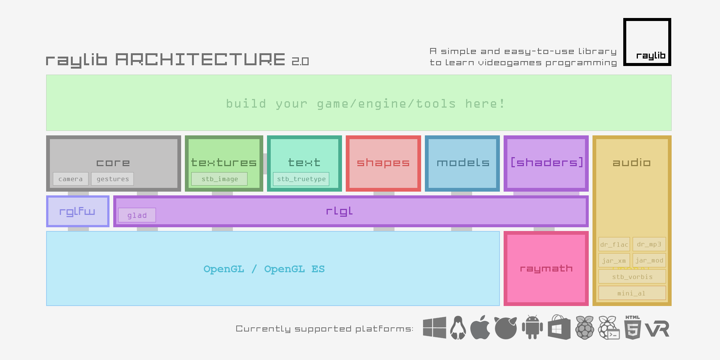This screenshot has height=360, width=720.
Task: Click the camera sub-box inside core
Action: (70, 179)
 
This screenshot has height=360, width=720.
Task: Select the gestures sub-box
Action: (112, 179)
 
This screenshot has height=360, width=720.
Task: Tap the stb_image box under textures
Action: (219, 179)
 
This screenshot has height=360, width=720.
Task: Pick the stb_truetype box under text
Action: (301, 179)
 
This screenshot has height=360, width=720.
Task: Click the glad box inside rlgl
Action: (137, 215)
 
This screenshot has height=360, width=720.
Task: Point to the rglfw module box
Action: (78, 211)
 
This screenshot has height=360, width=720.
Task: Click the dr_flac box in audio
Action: (614, 244)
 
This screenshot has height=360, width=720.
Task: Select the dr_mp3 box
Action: (649, 244)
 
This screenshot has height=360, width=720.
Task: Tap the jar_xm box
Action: (614, 261)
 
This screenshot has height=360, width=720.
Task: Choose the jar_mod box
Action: (649, 260)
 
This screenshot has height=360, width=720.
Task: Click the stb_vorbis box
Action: (632, 277)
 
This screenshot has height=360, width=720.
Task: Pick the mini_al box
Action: (632, 293)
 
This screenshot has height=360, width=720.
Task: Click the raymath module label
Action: (546, 268)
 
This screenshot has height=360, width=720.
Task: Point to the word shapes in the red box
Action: (383, 163)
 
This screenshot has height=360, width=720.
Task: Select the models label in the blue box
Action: (463, 163)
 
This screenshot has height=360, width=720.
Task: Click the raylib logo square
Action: (647, 42)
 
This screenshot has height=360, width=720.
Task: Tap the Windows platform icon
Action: (434, 328)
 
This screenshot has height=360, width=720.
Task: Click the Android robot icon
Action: (532, 327)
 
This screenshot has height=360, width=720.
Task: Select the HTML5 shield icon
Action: (633, 328)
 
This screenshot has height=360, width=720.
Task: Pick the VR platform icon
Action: (657, 329)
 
